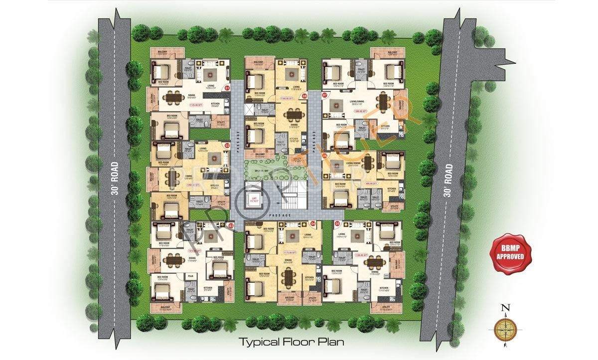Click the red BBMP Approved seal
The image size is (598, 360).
pyautogui.click(x=508, y=250)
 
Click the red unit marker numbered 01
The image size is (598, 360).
pyautogui.click(x=227, y=88)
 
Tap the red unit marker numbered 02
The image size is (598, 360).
pyautogui.click(x=227, y=145)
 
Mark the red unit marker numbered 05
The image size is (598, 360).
pyautogui.click(x=338, y=224)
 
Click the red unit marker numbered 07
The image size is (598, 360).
pyautogui.click(x=325, y=95)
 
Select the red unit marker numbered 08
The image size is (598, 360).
pyautogui.click(x=305, y=96)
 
